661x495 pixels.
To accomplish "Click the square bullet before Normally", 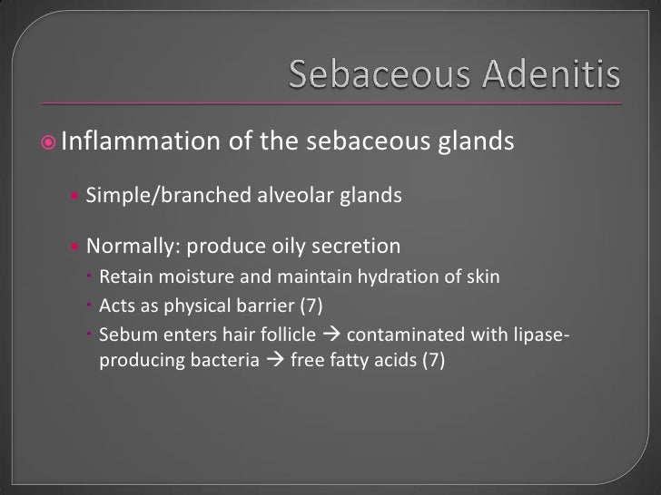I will [x=75, y=247].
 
